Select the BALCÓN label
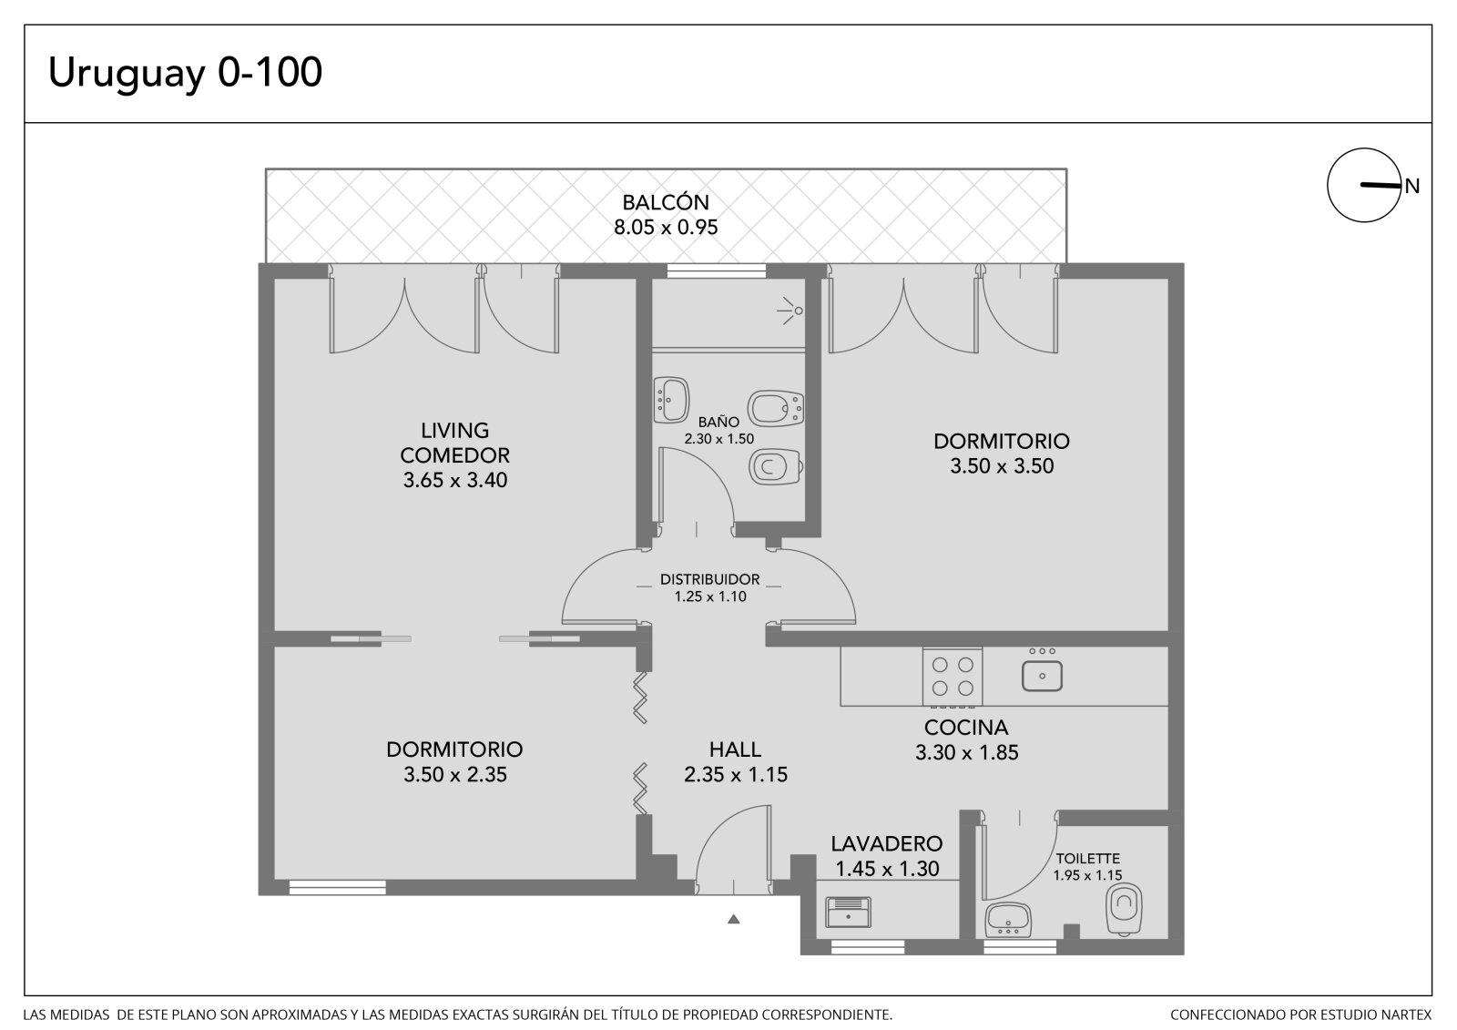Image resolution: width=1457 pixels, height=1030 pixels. [666, 202]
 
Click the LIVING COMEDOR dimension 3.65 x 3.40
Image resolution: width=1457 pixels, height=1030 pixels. [455, 480]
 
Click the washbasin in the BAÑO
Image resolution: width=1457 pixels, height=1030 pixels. [671, 400]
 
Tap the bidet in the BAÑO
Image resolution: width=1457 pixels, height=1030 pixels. [775, 409]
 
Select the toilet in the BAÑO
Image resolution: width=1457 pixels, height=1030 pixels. [776, 466]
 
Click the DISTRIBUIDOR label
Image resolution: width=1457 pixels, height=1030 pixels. [709, 579]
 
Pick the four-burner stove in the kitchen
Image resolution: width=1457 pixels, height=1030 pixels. [953, 677]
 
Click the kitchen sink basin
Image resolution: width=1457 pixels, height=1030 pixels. [1042, 676]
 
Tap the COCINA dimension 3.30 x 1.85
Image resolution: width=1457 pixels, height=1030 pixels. [966, 753]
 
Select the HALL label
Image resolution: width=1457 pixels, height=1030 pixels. [735, 750]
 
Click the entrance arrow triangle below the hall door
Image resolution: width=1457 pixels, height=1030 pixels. [734, 920]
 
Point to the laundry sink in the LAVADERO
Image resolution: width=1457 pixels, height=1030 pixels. [848, 912]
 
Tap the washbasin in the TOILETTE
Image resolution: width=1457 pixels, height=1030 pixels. [1007, 920]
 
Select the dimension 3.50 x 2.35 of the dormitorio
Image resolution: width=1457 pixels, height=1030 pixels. [454, 774]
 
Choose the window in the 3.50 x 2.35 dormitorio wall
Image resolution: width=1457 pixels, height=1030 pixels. [337, 888]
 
